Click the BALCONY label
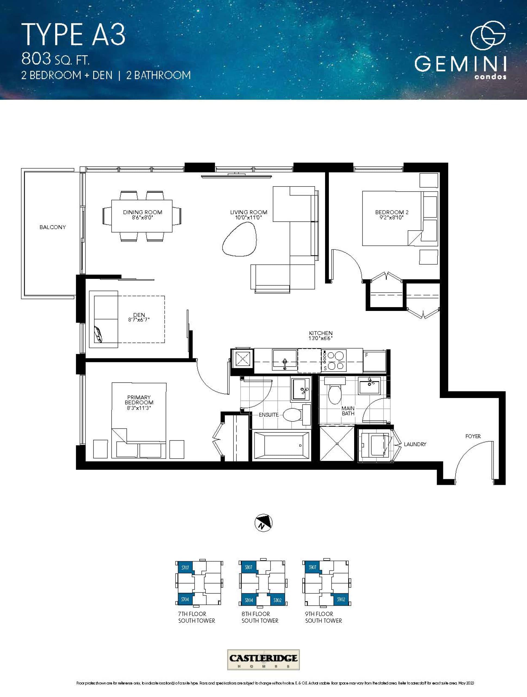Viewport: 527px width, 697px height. click(x=52, y=227)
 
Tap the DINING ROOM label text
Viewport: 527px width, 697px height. click(x=142, y=212)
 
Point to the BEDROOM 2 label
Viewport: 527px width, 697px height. click(x=392, y=212)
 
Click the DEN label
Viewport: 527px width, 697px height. click(x=139, y=315)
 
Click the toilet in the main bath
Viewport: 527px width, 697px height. click(x=335, y=393)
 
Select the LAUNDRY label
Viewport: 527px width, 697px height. click(x=415, y=444)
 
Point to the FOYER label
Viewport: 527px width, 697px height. click(x=473, y=436)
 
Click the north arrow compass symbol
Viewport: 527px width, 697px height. click(x=263, y=523)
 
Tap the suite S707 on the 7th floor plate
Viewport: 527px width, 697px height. click(x=185, y=567)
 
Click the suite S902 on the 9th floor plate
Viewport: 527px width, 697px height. click(x=341, y=599)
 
